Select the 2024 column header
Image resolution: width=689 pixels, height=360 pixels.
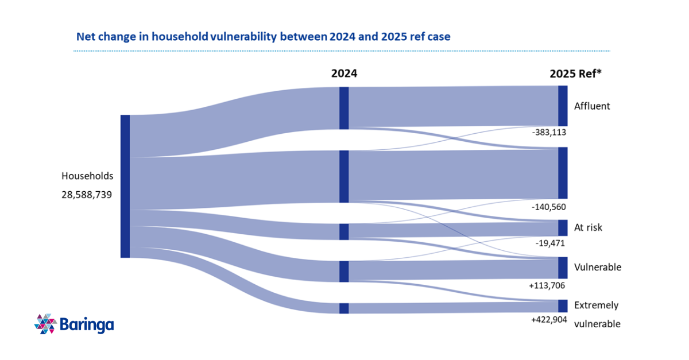click(344, 73)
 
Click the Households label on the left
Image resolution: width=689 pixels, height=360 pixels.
click(87, 176)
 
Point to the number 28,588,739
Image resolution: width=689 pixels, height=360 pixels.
click(87, 194)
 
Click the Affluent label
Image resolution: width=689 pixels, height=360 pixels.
click(592, 106)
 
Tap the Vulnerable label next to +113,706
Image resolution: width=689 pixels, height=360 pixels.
click(597, 267)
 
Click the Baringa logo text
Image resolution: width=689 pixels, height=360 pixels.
click(86, 324)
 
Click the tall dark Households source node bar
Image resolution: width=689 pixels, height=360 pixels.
click(125, 186)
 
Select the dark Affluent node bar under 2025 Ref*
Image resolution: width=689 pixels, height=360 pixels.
click(563, 106)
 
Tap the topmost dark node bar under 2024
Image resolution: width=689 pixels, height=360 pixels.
click(344, 108)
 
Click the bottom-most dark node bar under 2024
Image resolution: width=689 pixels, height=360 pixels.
click(344, 308)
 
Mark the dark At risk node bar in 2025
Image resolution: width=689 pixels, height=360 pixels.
click(563, 228)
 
